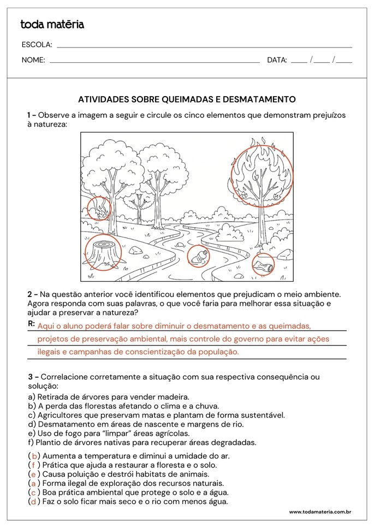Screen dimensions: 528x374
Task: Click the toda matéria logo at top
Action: click(x=52, y=25)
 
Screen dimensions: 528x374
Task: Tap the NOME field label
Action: click(x=33, y=60)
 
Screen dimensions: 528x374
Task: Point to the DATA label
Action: click(x=277, y=60)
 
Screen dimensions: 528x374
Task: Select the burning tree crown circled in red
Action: click(x=262, y=172)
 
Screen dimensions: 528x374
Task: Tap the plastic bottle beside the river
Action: click(x=199, y=255)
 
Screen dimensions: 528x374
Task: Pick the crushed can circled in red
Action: click(x=263, y=265)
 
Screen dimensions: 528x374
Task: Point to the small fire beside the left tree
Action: click(x=99, y=209)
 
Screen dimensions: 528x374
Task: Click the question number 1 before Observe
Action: click(x=29, y=115)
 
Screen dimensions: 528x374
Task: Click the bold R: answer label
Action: click(x=31, y=324)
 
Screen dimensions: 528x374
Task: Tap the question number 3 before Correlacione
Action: click(x=30, y=377)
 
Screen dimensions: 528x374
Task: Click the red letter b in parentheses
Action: click(x=34, y=456)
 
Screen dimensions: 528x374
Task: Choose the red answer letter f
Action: click(x=34, y=465)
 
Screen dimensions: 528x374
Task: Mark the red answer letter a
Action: click(x=34, y=483)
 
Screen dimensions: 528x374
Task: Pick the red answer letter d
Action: click(x=34, y=501)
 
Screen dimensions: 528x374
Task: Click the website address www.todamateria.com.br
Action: click(x=319, y=512)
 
